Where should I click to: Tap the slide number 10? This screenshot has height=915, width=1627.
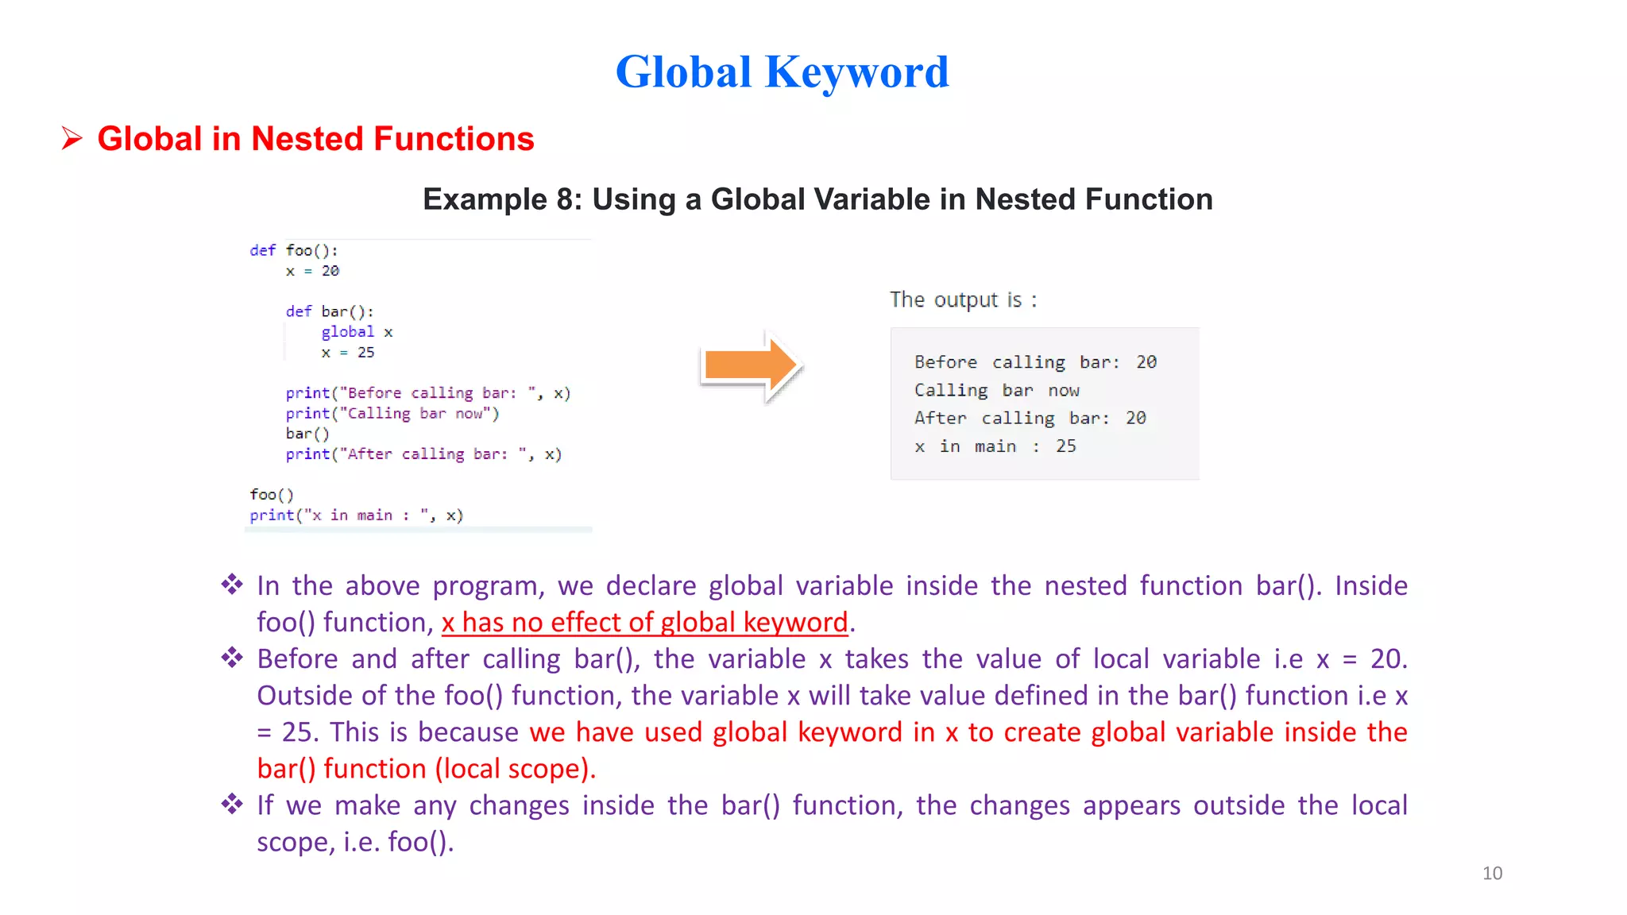pyautogui.click(x=1492, y=873)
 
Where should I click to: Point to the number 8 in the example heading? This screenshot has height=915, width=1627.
pyautogui.click(x=565, y=199)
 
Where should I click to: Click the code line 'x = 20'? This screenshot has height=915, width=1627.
pyautogui.click(x=312, y=272)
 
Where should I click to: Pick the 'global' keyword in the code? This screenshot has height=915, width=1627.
pyautogui.click(x=347, y=332)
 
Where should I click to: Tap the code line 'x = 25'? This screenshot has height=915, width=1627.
pyautogui.click(x=348, y=353)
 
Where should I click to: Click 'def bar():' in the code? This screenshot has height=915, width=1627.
pyautogui.click(x=329, y=311)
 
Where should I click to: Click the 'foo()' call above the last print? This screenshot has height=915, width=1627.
pyautogui.click(x=272, y=495)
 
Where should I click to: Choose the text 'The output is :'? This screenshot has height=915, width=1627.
pyautogui.click(x=963, y=300)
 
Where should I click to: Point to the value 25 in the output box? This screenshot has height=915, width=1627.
pyautogui.click(x=1065, y=446)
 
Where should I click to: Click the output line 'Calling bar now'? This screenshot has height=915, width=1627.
pyautogui.click(x=996, y=391)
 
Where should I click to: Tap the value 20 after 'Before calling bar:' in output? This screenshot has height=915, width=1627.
pyautogui.click(x=1146, y=362)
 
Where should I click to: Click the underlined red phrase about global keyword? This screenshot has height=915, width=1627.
pyautogui.click(x=644, y=623)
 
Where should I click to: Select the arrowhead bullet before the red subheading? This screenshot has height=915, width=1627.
pyautogui.click(x=72, y=139)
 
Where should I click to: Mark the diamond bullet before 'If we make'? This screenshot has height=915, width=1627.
pyautogui.click(x=232, y=805)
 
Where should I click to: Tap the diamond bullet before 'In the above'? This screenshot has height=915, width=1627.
pyautogui.click(x=232, y=585)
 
